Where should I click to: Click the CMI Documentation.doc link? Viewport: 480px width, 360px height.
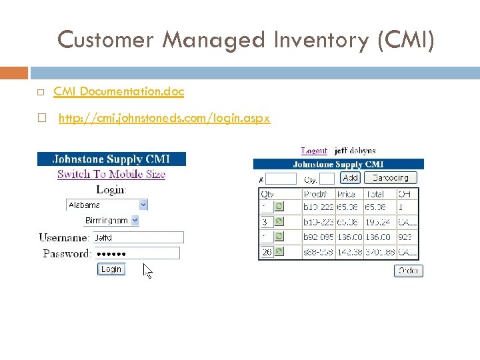[119, 91]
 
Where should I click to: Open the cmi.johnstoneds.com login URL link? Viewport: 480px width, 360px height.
[164, 119]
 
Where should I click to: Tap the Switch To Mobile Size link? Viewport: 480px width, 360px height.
[111, 174]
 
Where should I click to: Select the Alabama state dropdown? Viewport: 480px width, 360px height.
[107, 205]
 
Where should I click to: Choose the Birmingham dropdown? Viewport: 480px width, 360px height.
[111, 220]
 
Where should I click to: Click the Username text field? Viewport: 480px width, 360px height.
[138, 237]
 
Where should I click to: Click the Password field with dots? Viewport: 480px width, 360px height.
[137, 253]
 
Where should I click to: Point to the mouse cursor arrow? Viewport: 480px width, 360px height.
[147, 271]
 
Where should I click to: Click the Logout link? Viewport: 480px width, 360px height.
[314, 151]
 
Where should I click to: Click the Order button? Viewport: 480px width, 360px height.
[409, 270]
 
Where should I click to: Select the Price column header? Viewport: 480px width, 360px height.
[347, 194]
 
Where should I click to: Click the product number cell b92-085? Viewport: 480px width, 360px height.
[319, 236]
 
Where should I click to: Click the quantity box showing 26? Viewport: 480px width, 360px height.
[267, 251]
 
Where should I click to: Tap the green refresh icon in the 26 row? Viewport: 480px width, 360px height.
[279, 251]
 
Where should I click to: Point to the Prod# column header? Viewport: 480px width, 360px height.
[315, 194]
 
